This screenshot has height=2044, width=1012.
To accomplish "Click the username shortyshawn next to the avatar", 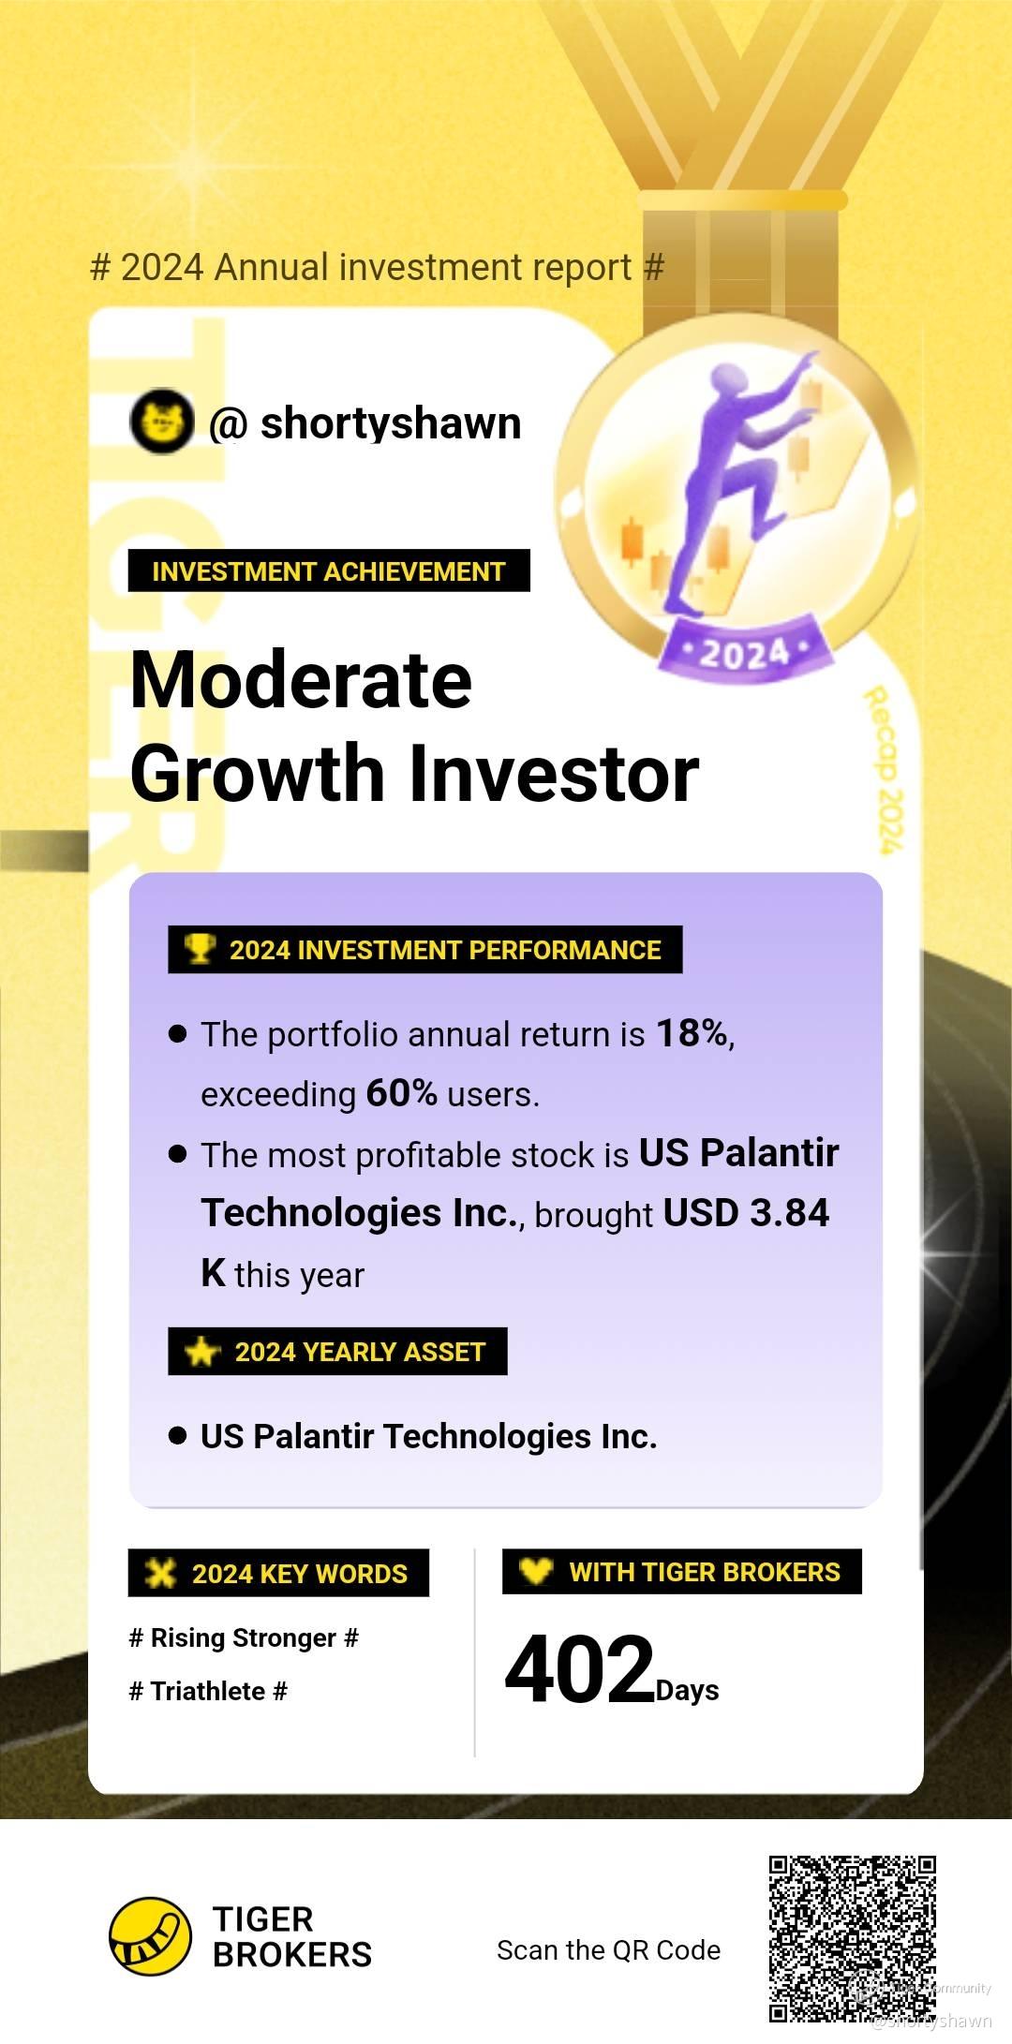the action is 391,423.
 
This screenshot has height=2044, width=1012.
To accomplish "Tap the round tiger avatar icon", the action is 161,422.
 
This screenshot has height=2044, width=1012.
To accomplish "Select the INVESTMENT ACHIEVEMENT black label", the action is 329,570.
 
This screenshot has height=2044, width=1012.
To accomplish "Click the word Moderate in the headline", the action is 301,680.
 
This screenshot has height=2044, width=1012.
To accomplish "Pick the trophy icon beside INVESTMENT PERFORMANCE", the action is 200,948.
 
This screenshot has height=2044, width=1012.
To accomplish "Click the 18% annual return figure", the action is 692,1033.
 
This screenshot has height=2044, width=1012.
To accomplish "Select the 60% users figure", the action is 401,1093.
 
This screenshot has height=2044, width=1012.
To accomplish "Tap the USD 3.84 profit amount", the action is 746,1213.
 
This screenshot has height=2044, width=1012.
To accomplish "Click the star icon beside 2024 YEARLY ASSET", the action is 201,1352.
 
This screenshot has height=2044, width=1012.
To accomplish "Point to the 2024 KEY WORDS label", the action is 278,1573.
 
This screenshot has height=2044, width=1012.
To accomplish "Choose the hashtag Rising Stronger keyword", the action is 244,1637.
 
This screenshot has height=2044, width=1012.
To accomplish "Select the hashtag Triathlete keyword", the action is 208,1691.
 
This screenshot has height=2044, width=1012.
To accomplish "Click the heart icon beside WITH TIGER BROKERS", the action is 536,1570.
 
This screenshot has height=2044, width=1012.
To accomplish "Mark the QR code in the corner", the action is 853,1938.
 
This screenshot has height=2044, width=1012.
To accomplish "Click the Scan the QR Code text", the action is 609,1949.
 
